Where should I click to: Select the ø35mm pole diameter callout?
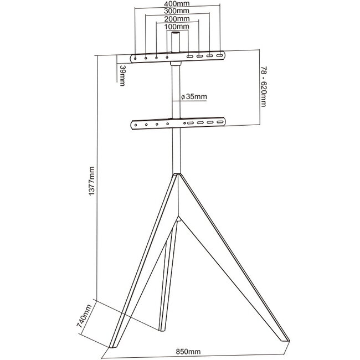pos(194,96)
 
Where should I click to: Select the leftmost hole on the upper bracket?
pos(135,57)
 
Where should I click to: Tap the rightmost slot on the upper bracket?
pos(220,56)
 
